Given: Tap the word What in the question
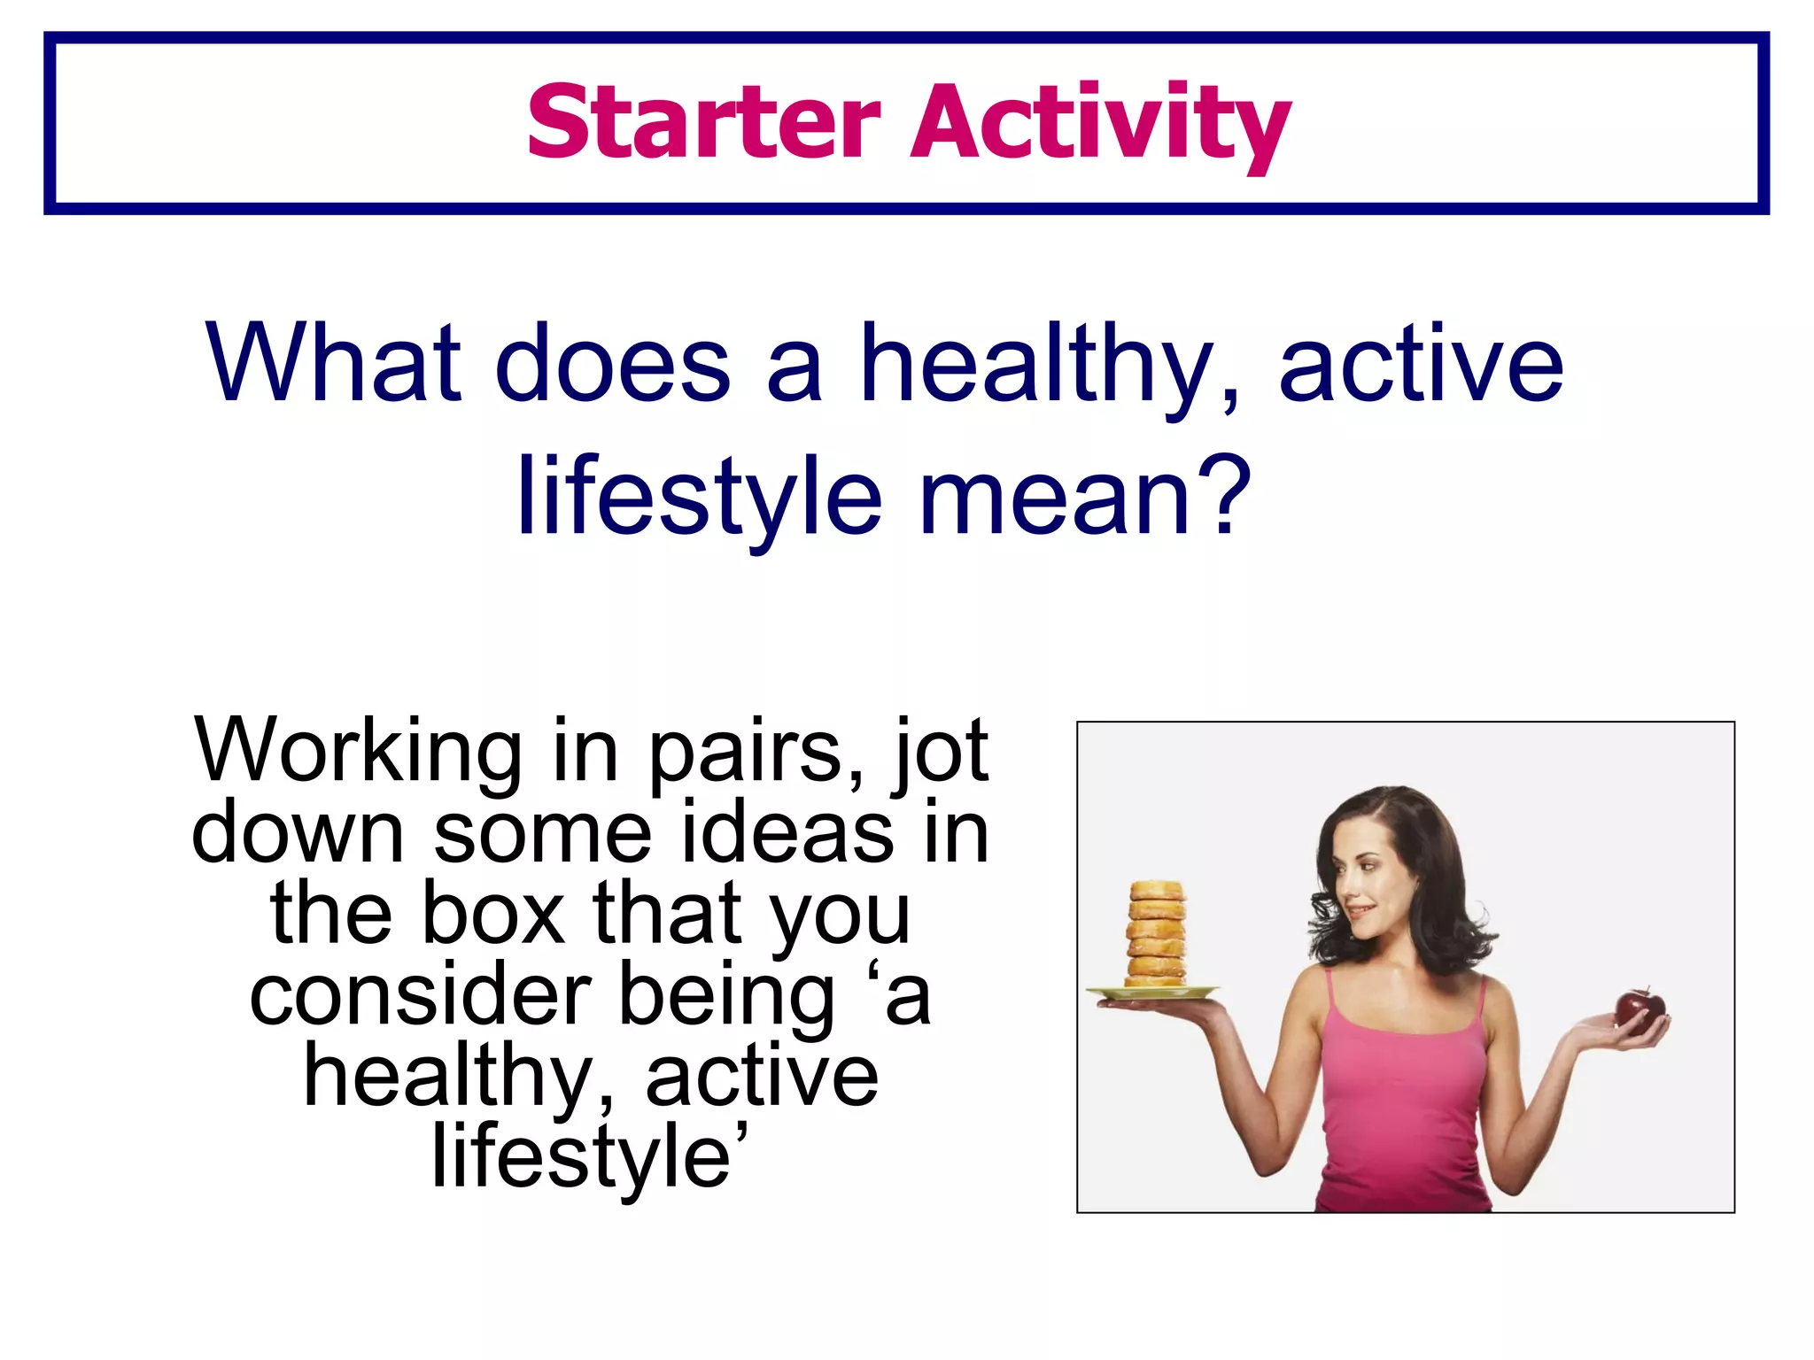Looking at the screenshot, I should point(334,363).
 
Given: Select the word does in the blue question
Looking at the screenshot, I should point(613,363).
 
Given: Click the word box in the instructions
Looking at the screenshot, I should point(493,914).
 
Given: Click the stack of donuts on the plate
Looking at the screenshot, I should point(1156,933).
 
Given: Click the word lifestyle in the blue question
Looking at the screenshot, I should point(700,498).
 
